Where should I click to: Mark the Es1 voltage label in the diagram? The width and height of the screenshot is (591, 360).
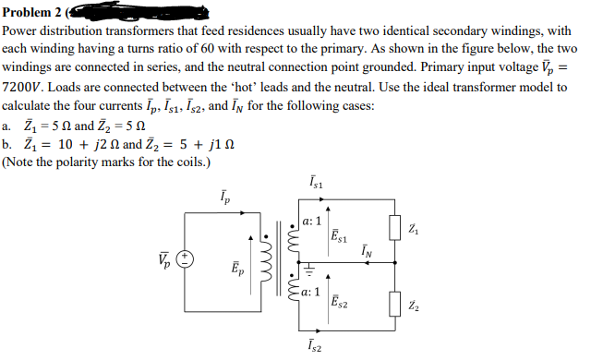pos(340,234)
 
